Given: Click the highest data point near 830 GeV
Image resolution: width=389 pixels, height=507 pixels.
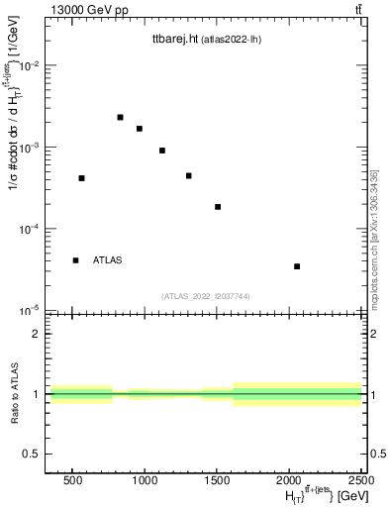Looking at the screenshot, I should [120, 117].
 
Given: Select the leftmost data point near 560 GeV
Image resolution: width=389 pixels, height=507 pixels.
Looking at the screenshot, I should [81, 178].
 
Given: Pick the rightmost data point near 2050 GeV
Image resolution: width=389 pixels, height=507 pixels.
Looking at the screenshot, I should [297, 266].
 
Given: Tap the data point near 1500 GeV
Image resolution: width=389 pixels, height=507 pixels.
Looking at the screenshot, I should [218, 207].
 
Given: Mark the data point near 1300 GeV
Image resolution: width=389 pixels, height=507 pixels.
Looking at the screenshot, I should [188, 176].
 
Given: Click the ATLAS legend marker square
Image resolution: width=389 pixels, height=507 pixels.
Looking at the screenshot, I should [75, 260].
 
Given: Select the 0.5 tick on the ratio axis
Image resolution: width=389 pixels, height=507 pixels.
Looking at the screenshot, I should [33, 454].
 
